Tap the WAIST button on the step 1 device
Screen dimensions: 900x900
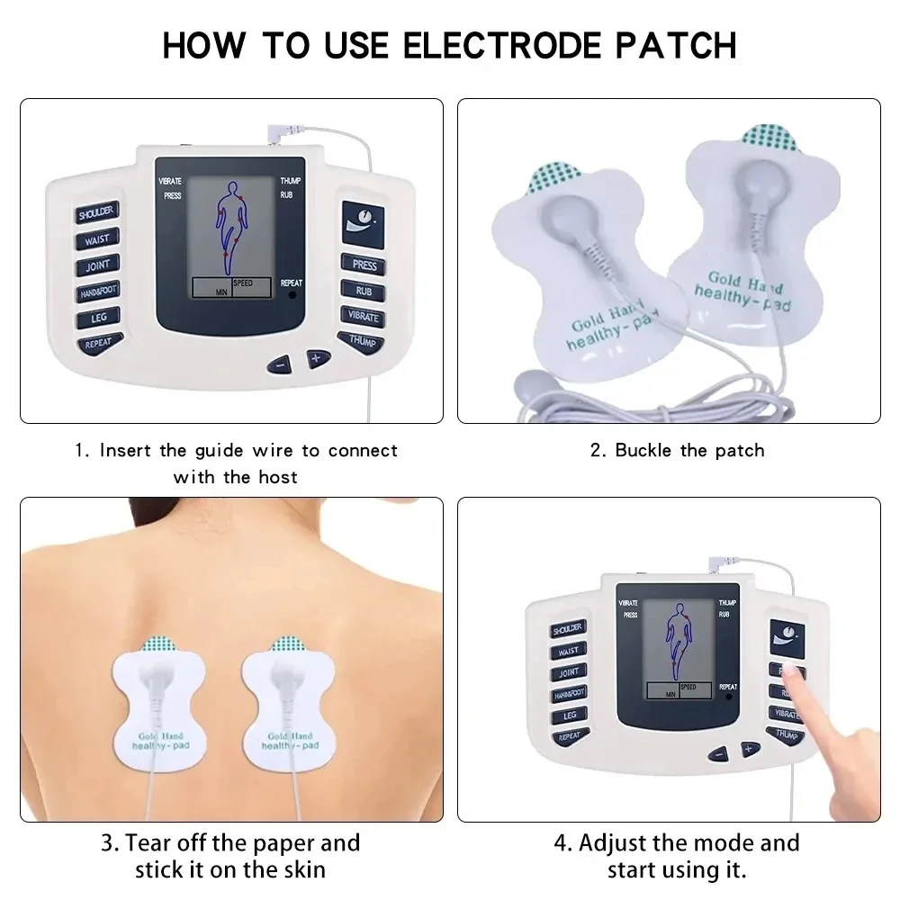coord(97,240)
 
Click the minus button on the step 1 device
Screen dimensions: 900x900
coord(281,364)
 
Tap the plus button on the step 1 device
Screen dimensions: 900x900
coord(316,358)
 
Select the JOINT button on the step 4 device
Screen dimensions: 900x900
coord(568,672)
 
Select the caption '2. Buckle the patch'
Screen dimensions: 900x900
coord(677,450)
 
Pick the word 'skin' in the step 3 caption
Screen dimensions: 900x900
coord(301,870)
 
